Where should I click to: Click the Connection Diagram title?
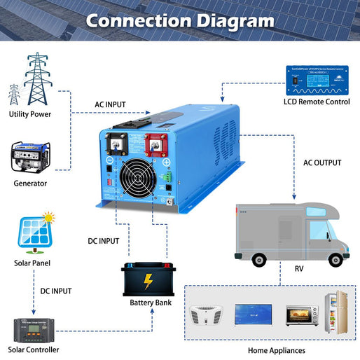tap(179, 20)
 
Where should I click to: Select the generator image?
tap(30, 158)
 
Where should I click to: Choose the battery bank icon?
tap(148, 279)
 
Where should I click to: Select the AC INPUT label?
tap(110, 104)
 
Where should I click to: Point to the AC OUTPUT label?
tap(322, 162)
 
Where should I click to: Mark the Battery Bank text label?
tap(150, 303)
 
